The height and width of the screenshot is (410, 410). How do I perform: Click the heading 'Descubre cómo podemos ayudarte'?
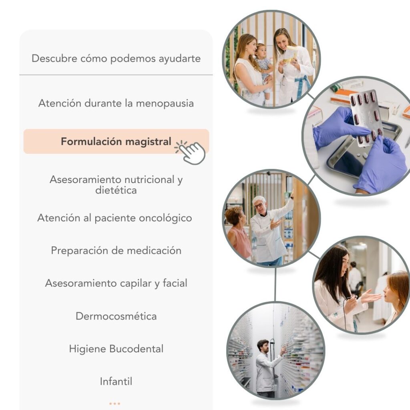(x=116, y=58)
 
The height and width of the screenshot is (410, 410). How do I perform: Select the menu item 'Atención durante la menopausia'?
(x=116, y=103)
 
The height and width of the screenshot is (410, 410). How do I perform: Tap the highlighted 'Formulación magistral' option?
(x=116, y=141)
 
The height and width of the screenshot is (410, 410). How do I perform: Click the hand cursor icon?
(x=190, y=153)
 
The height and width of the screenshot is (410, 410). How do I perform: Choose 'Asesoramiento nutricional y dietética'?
(x=116, y=185)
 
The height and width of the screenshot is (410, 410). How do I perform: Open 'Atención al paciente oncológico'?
(x=115, y=218)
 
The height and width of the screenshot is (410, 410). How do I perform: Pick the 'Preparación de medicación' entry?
(x=116, y=251)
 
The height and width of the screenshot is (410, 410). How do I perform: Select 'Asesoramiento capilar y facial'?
(x=116, y=283)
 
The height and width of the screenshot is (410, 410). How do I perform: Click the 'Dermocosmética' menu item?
(x=116, y=316)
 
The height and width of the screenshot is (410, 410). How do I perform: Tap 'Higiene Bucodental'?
(x=116, y=349)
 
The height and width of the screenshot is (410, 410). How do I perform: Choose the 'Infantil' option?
(x=116, y=382)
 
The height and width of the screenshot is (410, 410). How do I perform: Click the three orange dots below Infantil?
(x=115, y=404)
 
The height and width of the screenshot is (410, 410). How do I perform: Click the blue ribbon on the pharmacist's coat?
(x=303, y=85)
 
